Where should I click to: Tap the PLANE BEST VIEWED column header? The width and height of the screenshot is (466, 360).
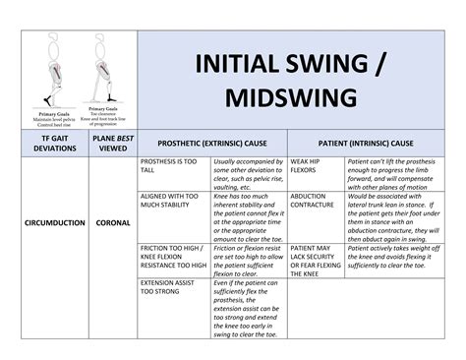(x=112, y=143)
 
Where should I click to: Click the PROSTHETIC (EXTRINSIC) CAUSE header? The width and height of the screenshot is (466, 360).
(x=211, y=144)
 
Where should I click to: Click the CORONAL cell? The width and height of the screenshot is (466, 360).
(x=112, y=223)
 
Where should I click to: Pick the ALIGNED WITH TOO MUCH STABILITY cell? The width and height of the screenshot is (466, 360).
(x=171, y=203)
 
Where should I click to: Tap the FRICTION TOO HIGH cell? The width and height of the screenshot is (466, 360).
(x=173, y=258)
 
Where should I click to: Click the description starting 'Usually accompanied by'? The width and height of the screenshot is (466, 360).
(x=248, y=173)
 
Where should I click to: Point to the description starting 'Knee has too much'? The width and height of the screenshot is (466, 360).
(x=248, y=217)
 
